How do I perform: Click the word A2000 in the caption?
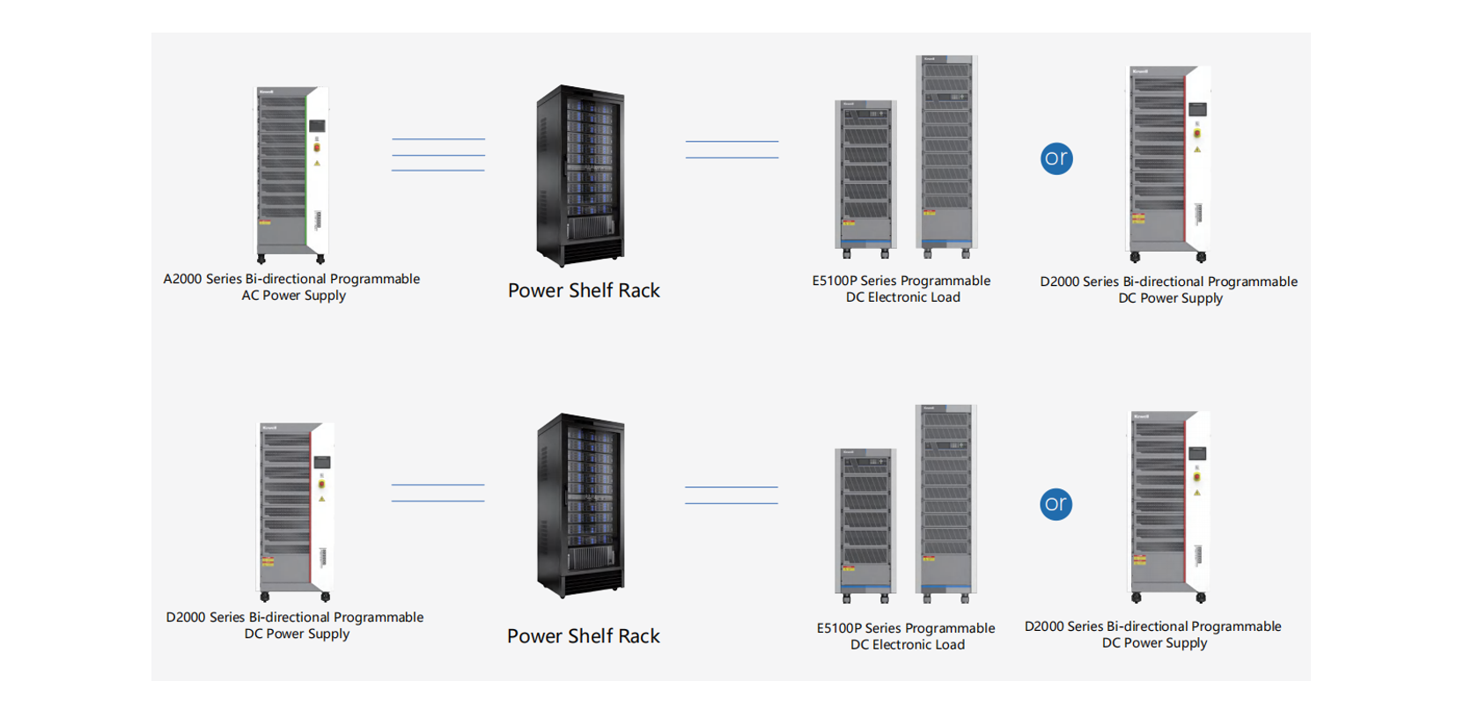click(182, 279)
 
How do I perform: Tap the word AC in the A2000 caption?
click(250, 296)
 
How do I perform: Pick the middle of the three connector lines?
click(438, 155)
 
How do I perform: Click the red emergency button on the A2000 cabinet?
click(317, 147)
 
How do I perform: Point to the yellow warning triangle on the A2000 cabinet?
click(317, 163)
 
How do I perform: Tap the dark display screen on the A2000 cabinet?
click(317, 127)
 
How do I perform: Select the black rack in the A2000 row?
click(581, 175)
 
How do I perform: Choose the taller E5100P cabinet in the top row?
click(946, 154)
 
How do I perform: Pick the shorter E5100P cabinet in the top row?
click(865, 176)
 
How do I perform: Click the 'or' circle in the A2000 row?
click(1056, 158)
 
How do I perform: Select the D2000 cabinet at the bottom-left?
click(295, 510)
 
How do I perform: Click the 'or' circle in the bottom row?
click(1056, 504)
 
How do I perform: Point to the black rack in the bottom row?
click(581, 505)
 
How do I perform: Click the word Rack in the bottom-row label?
click(639, 636)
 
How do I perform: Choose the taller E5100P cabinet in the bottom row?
click(946, 502)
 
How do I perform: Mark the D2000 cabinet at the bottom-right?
click(1169, 505)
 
